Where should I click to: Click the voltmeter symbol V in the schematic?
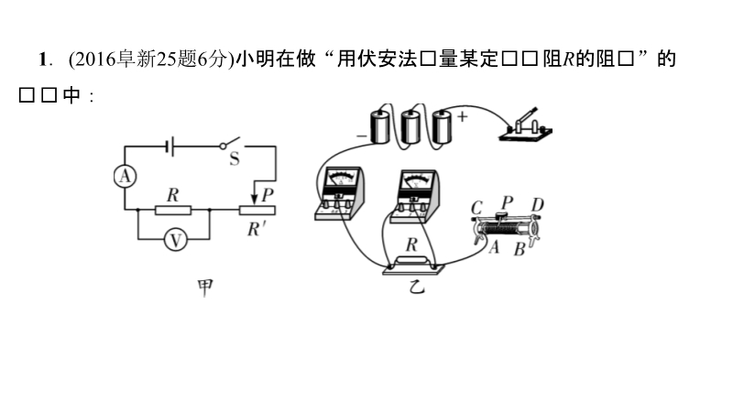174,240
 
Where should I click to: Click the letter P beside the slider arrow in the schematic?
267,194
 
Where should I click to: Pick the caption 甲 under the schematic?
206,287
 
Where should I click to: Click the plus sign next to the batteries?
462,117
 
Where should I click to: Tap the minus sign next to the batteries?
360,136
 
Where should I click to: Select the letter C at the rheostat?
476,207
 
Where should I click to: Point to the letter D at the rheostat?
538,204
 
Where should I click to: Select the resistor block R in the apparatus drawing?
412,266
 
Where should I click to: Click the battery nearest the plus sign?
443,126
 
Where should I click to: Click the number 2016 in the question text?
92,60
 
